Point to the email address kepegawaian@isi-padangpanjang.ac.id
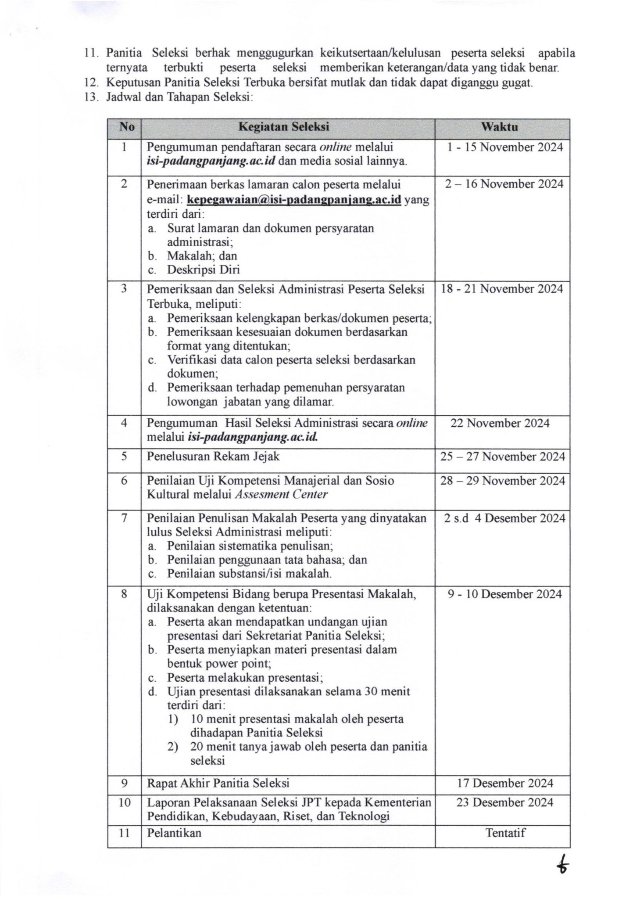coord(294,200)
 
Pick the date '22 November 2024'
coord(500,423)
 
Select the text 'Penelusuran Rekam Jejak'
coord(213,457)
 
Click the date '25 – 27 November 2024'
coord(503,457)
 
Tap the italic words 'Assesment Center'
coord(281,495)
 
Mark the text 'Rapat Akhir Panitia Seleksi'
coord(218,783)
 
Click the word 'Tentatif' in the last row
coord(505,833)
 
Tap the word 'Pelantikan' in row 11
coord(174,833)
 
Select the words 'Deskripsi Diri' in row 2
coord(204,270)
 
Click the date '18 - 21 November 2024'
coord(502,289)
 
